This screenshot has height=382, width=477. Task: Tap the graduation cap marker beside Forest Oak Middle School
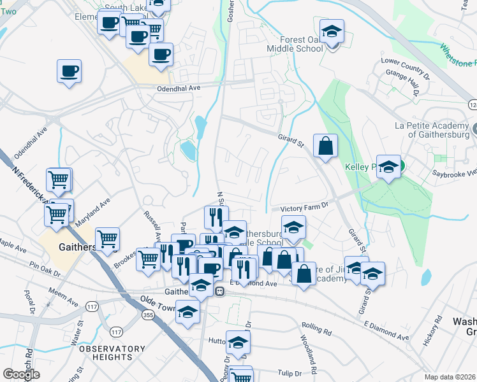coord(331,31)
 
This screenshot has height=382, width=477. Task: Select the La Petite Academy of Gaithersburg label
coord(432,129)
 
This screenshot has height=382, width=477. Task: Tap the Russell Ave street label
coord(151,223)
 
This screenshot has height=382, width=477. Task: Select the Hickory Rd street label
coord(432,331)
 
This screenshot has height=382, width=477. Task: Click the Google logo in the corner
coord(21,374)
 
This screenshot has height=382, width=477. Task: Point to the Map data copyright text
coord(450,377)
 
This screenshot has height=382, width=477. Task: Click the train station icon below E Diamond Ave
coord(219,291)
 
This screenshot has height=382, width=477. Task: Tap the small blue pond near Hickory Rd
coord(425,278)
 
